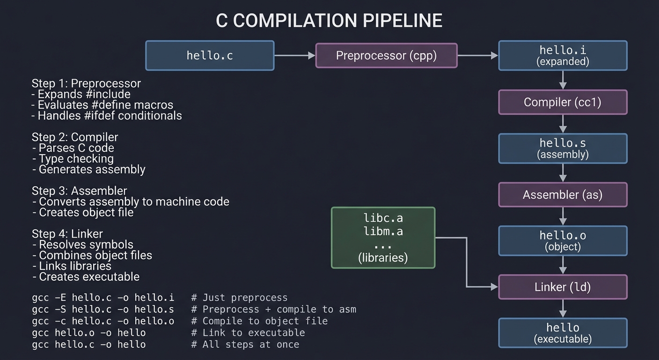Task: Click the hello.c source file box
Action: (x=210, y=55)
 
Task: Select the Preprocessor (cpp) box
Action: (x=386, y=55)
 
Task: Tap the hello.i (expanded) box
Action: (x=563, y=55)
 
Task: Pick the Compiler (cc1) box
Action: (x=563, y=102)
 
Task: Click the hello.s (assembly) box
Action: (x=563, y=148)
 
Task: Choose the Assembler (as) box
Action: (x=563, y=195)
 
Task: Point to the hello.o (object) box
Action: (x=563, y=240)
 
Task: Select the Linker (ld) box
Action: (x=563, y=287)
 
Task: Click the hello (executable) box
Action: (x=563, y=333)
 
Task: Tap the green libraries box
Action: (x=383, y=238)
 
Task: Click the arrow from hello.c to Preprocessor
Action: (x=294, y=55)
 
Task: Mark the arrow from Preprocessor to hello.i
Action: (x=477, y=55)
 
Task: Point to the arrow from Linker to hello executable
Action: (x=563, y=308)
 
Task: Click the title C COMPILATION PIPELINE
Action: (x=329, y=21)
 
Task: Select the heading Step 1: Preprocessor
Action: (x=86, y=83)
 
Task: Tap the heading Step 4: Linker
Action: (x=67, y=233)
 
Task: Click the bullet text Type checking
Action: (x=76, y=159)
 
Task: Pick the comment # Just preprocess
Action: (x=239, y=298)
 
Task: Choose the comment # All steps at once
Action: (x=245, y=345)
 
